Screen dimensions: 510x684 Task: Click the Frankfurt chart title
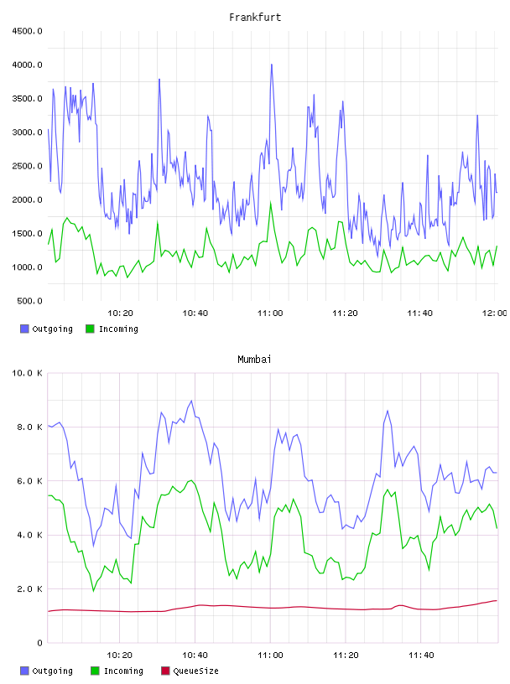[x=255, y=18]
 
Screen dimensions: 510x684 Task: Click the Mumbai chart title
[x=254, y=360]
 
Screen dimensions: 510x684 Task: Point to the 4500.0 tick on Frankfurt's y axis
[x=27, y=31]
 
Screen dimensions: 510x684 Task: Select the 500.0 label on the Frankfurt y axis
[x=29, y=301]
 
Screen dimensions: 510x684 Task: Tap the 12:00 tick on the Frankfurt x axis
[x=494, y=313]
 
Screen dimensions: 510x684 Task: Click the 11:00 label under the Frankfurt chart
[x=270, y=313]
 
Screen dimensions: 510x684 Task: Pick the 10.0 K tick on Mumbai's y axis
[x=27, y=373]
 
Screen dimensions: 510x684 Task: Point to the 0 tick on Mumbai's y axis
[x=39, y=643]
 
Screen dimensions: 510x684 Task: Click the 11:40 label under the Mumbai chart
[x=421, y=655]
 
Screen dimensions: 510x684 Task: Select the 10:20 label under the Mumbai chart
[x=120, y=655]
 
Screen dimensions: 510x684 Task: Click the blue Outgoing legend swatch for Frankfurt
[x=24, y=329]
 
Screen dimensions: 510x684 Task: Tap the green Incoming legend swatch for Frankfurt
[x=90, y=329]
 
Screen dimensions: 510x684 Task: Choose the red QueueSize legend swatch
[x=165, y=671]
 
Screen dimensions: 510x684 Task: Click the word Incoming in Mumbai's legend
[x=123, y=671]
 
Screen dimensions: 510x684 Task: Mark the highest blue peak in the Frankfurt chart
[x=272, y=65]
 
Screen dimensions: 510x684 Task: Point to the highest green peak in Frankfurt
[x=271, y=202]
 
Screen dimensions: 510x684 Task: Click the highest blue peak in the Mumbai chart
[x=191, y=401]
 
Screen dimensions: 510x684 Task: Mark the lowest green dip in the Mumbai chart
[x=93, y=591]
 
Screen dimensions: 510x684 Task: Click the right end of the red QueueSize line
[x=497, y=601]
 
